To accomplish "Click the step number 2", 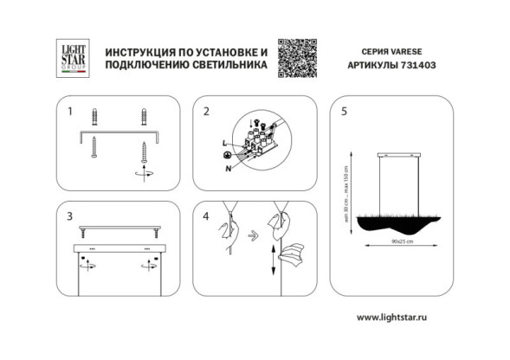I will coord(207,112).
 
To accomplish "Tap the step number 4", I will coord(207,216).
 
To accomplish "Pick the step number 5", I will coord(345,112).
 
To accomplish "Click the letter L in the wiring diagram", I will coord(224,141).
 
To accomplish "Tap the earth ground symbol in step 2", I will coord(226,156).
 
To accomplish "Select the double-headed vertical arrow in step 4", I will coord(274,259).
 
